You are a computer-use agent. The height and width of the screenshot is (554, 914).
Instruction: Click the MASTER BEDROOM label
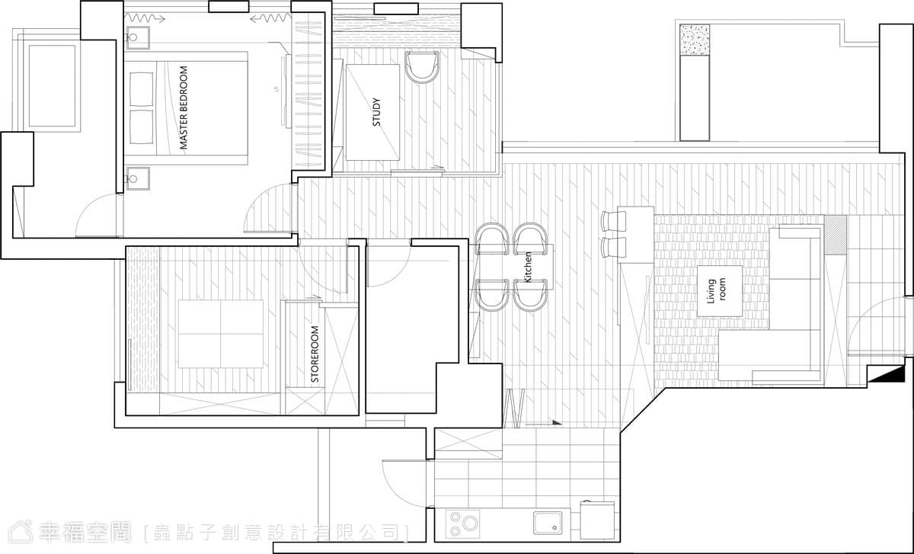(184, 107)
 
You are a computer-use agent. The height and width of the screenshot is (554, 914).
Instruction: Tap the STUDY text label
(376, 112)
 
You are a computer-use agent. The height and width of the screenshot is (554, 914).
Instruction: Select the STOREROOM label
(315, 354)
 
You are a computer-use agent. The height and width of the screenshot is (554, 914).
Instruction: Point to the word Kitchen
(528, 267)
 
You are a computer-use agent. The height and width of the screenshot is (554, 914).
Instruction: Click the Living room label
(717, 290)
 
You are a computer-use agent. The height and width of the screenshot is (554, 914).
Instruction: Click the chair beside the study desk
(422, 66)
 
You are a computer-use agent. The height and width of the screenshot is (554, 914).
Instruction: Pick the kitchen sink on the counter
(548, 523)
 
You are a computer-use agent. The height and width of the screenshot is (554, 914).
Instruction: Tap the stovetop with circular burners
(463, 523)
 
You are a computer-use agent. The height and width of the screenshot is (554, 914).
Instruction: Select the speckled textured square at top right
(695, 40)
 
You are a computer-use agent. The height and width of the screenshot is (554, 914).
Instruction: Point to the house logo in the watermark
(20, 532)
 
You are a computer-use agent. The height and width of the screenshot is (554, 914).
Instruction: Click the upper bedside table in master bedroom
(138, 38)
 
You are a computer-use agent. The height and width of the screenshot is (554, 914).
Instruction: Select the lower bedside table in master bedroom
(138, 179)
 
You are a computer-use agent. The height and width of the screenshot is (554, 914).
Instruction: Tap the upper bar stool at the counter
(613, 222)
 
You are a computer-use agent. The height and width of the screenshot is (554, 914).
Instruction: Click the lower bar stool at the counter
(613, 248)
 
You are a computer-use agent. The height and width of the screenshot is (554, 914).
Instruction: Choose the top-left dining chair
(492, 239)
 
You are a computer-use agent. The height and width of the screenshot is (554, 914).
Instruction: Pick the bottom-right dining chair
(530, 295)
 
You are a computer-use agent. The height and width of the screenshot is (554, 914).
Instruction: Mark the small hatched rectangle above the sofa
(836, 235)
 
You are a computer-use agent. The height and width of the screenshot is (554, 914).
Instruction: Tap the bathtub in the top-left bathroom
(52, 86)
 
